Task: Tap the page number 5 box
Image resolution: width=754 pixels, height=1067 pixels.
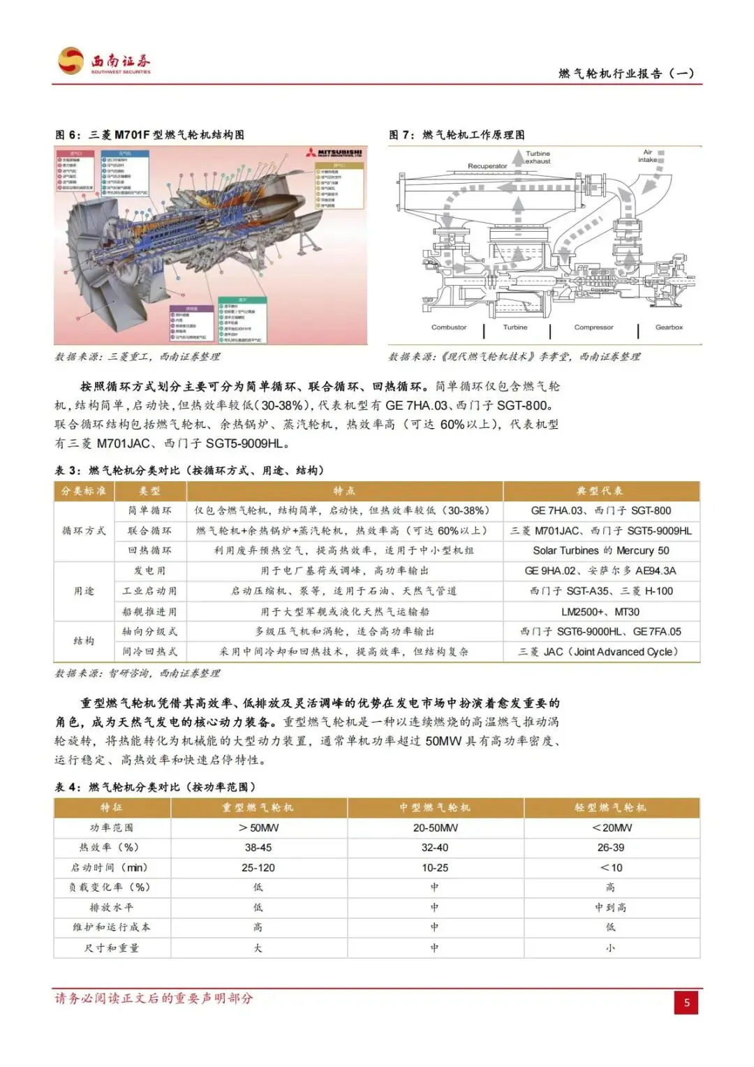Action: coord(686,1003)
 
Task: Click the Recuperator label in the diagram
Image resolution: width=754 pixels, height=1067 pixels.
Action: coord(487,166)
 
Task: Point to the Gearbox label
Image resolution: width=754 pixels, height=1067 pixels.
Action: coord(669,328)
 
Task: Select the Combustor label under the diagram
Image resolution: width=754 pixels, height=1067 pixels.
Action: coord(449,328)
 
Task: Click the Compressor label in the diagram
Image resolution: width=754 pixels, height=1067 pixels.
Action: coord(593,328)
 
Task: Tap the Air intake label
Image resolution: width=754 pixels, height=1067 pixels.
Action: coord(647,156)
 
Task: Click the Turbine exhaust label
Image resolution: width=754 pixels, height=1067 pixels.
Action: coord(538,157)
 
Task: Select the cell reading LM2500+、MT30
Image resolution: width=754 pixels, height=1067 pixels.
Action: coord(600,612)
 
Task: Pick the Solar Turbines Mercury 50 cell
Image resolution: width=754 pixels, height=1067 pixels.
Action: coord(600,551)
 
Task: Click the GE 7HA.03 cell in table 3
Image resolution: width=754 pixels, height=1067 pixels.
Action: coord(600,511)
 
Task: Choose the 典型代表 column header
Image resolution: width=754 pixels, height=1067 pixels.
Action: coord(600,491)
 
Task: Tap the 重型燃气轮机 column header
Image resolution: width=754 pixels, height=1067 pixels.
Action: coord(258,808)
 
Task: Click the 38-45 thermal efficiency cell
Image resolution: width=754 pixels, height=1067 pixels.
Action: coord(258,848)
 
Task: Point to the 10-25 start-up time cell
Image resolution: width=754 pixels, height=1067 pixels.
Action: coord(435,868)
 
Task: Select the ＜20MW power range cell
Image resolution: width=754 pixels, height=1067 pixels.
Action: coord(612,828)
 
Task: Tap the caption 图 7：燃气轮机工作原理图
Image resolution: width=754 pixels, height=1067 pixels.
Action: coord(457,135)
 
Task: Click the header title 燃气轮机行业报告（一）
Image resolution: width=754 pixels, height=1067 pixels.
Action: coord(626,73)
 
